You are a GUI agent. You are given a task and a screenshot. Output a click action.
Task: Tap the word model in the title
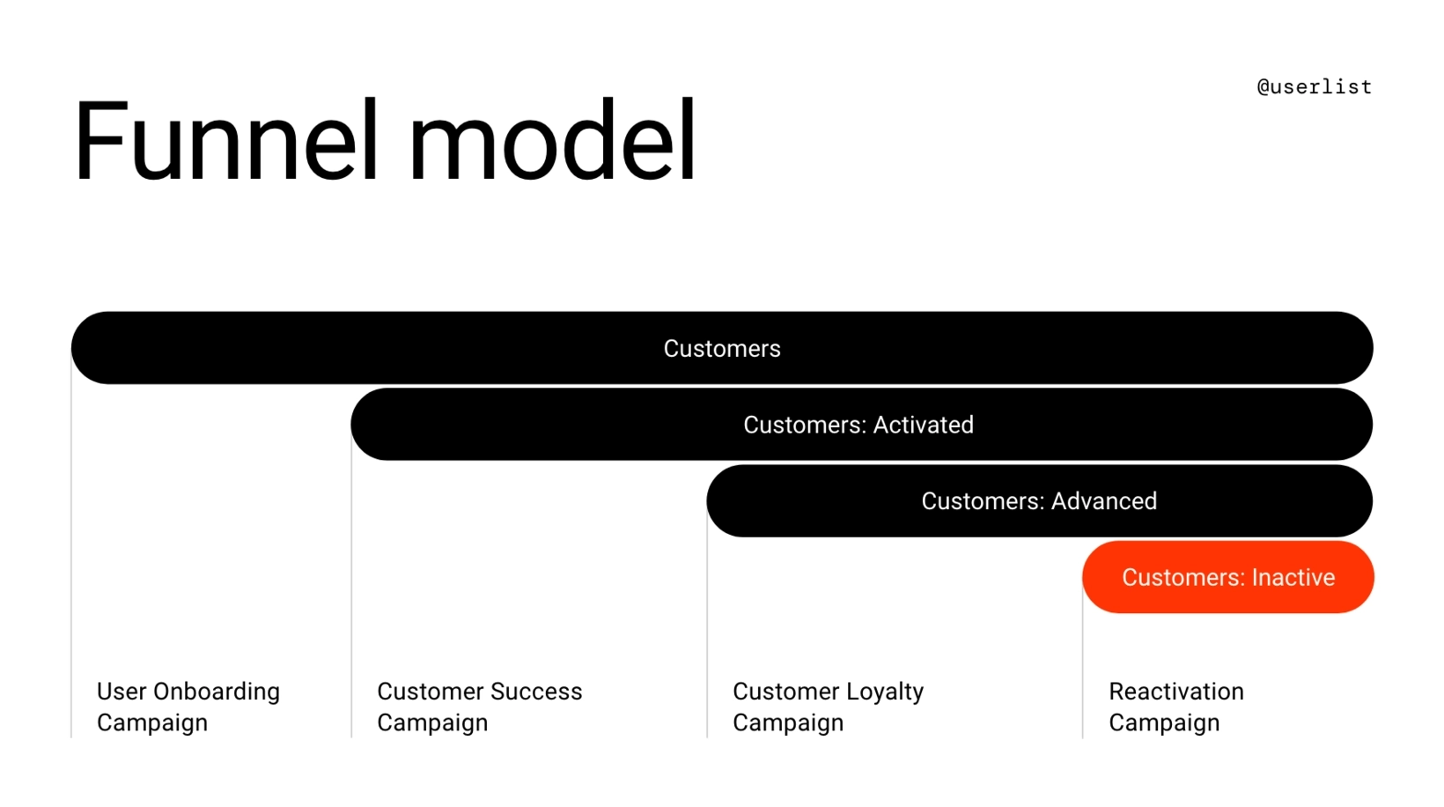[552, 141]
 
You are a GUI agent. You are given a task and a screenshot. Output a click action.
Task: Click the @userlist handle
[1314, 87]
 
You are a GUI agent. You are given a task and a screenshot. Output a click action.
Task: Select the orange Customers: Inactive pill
[1227, 578]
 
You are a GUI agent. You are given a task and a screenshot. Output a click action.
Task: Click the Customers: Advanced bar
[1039, 501]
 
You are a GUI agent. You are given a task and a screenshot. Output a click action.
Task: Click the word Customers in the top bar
[722, 349]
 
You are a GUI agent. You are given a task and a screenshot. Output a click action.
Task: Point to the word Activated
[925, 425]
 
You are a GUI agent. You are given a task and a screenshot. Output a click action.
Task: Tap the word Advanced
[1104, 501]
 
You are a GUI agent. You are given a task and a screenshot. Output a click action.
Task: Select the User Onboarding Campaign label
[188, 707]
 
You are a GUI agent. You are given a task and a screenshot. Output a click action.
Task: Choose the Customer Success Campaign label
[479, 707]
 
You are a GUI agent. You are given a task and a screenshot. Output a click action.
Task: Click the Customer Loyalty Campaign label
[828, 707]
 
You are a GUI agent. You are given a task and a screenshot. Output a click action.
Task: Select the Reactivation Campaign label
[1175, 707]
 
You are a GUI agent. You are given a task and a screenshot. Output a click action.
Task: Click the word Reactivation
[1175, 692]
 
